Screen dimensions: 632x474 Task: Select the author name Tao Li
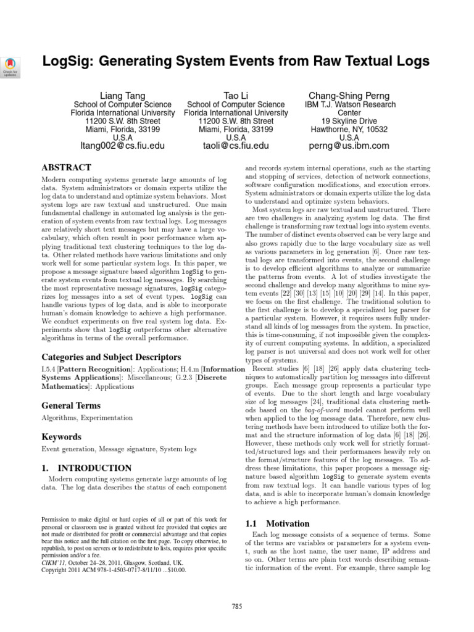[x=236, y=96]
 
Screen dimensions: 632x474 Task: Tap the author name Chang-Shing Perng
[x=349, y=96]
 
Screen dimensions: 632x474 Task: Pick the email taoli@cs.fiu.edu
[x=236, y=146]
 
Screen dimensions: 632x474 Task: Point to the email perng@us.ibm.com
[x=349, y=146]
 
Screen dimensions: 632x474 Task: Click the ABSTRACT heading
[x=66, y=167]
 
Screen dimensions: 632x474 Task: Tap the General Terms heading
[x=71, y=405]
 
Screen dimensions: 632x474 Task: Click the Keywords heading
[x=61, y=437]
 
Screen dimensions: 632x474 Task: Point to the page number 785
[x=236, y=607]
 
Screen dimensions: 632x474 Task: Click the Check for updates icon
[x=12, y=65]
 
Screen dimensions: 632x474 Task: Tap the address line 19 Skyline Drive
[x=349, y=121]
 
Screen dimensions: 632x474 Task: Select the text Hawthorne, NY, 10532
[x=349, y=130]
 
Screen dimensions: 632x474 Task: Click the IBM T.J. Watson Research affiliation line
[x=349, y=105]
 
